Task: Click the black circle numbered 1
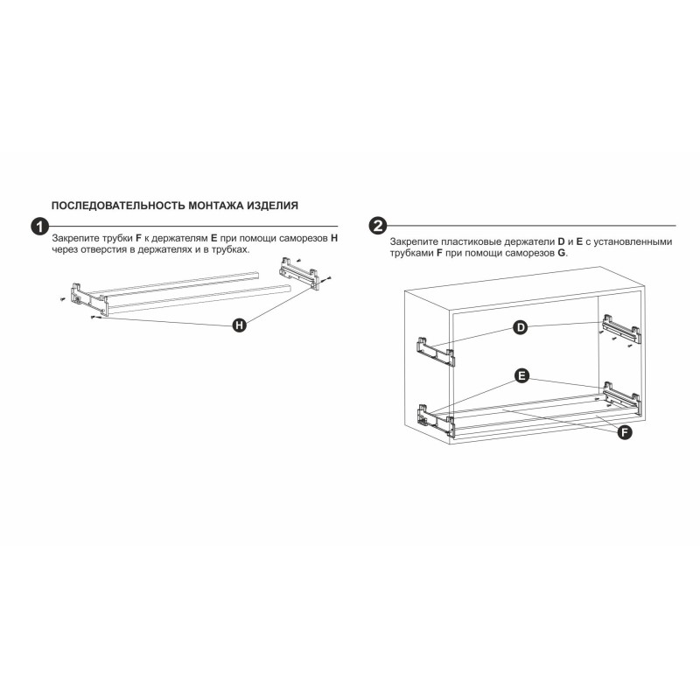tap(39, 227)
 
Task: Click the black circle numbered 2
tap(378, 226)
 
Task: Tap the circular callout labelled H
tap(240, 325)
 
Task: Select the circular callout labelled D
tap(521, 327)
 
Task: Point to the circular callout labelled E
tap(521, 375)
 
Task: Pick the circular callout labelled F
tap(625, 432)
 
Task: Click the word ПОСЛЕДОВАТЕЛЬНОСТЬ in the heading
tap(118, 206)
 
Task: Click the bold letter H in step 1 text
tap(334, 238)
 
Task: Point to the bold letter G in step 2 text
tap(561, 253)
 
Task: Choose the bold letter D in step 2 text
tap(561, 241)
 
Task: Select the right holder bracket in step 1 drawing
tap(299, 274)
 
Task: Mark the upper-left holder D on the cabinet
tap(436, 352)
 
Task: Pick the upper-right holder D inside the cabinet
tap(621, 329)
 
